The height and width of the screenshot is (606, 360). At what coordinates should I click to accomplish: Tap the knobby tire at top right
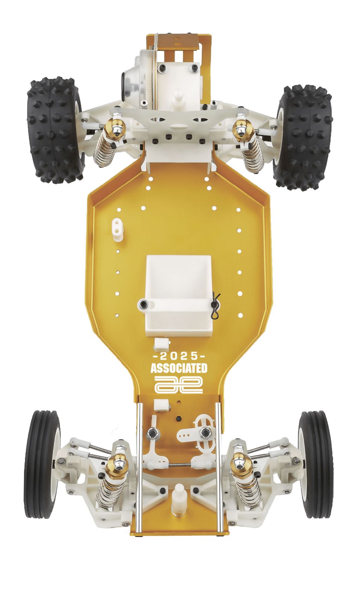[304, 137]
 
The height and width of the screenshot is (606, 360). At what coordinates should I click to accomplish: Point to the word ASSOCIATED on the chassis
[179, 368]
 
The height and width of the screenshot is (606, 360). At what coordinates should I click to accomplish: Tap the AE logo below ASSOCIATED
[179, 384]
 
